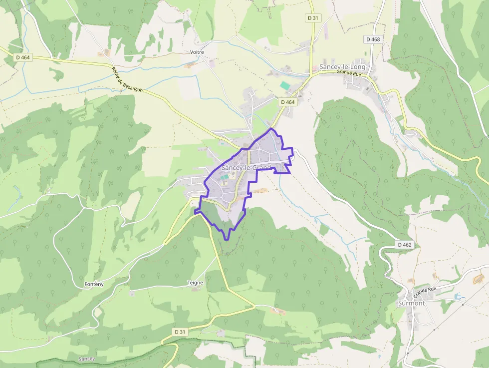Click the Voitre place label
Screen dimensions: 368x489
[197, 52]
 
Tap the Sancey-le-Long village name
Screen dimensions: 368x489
[342, 67]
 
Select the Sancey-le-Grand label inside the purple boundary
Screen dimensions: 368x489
[246, 168]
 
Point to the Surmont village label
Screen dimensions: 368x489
[411, 303]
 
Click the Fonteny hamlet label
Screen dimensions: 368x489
[94, 284]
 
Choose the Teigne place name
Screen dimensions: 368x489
[195, 283]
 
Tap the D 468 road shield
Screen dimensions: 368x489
[373, 39]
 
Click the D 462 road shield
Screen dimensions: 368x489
[405, 245]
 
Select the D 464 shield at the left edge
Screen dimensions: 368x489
[23, 57]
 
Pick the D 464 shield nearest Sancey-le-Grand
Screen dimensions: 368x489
[288, 102]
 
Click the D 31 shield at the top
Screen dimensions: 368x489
[312, 18]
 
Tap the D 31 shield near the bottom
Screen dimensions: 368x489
[180, 332]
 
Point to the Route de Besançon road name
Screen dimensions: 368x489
[127, 79]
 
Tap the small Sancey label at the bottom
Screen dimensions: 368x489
[87, 359]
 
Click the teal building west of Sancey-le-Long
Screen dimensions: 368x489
[285, 86]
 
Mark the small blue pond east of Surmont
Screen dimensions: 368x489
[459, 297]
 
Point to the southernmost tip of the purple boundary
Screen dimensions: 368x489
[228, 239]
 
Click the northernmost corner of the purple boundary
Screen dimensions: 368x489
[271, 129]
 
